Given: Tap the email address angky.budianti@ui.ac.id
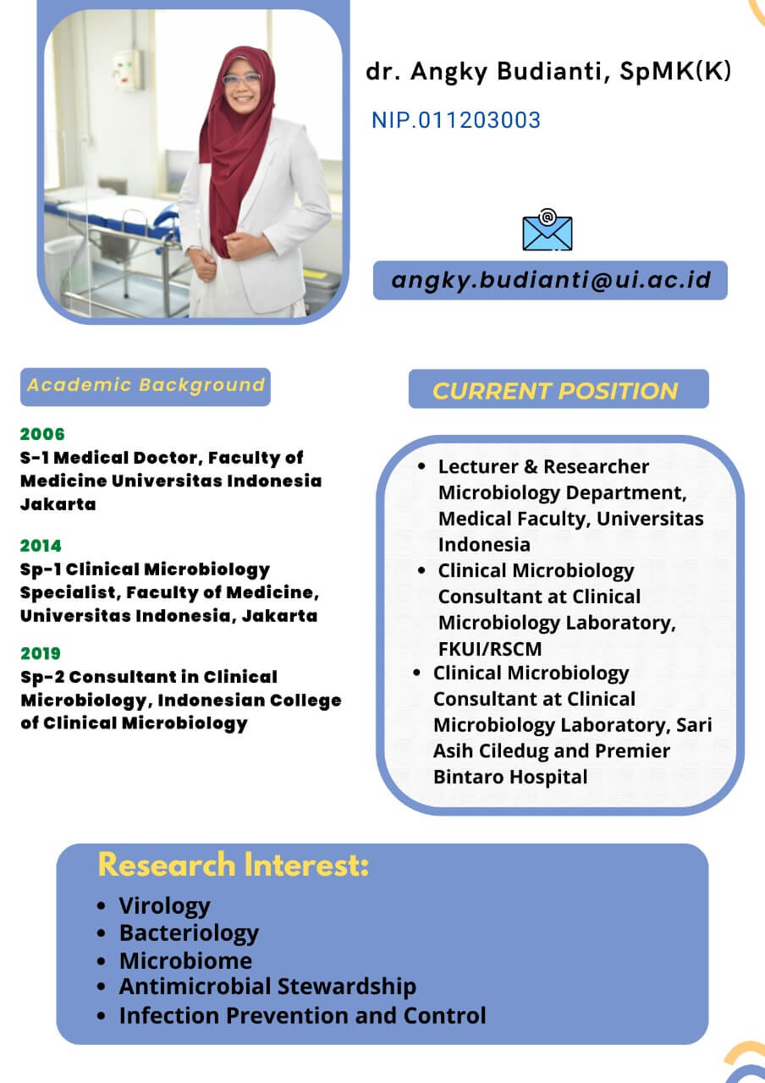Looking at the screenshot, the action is coord(551,280).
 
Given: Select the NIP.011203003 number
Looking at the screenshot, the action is coord(455,120).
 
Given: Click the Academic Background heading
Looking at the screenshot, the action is coord(146,385).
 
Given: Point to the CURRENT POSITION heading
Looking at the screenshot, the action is coord(555,391).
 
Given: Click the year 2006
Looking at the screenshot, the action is coord(42,434).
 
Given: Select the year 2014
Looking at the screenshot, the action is coord(41,546).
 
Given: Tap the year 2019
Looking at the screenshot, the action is coord(41,654).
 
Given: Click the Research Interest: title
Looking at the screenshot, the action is coord(233,865).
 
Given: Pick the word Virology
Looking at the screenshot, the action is coord(164,906).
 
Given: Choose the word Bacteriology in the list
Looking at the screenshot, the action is coord(189,933).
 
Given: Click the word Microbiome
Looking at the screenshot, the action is coord(185,960).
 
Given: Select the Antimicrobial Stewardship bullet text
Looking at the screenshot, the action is coord(267,987).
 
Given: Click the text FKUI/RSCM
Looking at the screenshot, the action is coord(490,649).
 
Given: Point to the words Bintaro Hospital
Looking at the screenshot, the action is coord(510,777).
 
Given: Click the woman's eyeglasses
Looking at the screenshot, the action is coord(241,79).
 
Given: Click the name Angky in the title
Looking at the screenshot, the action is coord(449,72).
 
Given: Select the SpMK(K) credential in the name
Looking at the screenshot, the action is coord(675,71).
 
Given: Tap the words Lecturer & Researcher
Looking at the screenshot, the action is coord(543,466).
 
